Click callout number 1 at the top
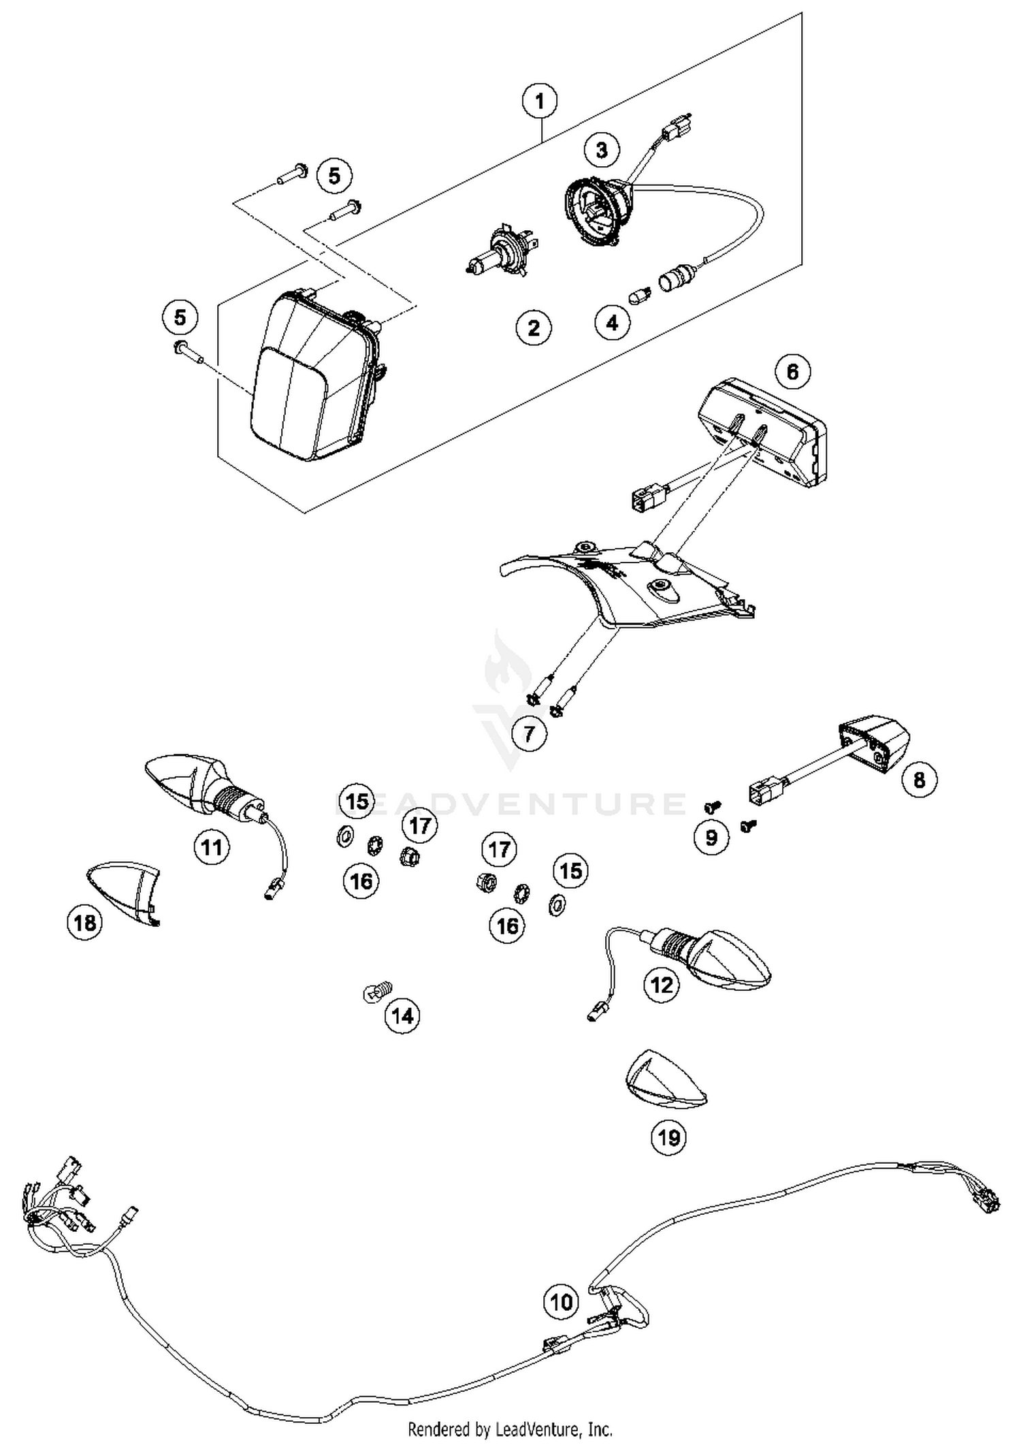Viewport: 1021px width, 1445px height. coord(540,102)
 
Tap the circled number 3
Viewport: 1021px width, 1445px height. coord(602,150)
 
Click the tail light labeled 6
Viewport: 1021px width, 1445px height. coord(762,433)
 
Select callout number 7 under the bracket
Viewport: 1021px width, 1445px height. coord(530,733)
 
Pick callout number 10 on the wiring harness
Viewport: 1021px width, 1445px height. coord(561,1302)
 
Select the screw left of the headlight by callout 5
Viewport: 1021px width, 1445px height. coord(187,351)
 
